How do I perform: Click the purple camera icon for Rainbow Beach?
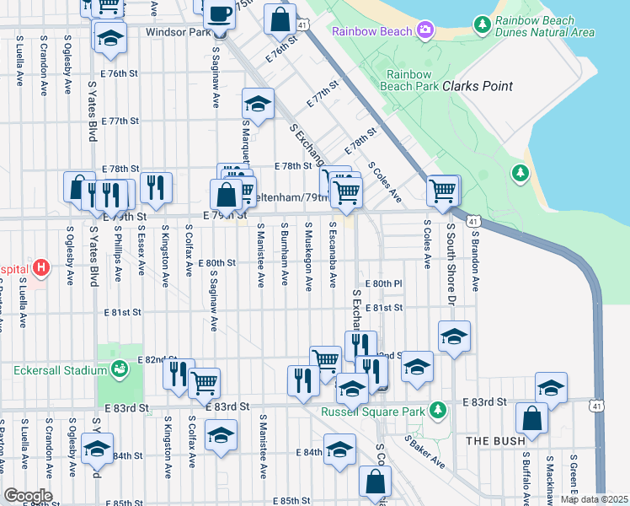426,31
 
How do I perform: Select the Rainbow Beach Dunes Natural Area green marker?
482,24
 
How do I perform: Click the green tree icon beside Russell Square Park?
436,410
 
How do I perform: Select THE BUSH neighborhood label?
496,440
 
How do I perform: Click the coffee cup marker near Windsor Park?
220,14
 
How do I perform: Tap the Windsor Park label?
177,32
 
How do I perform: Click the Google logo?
28,495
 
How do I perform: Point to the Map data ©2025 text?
593,499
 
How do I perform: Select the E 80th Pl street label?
385,283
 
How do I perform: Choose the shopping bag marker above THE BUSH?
532,417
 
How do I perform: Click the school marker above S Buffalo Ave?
551,387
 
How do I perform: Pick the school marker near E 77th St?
259,104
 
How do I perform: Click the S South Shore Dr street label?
451,257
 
